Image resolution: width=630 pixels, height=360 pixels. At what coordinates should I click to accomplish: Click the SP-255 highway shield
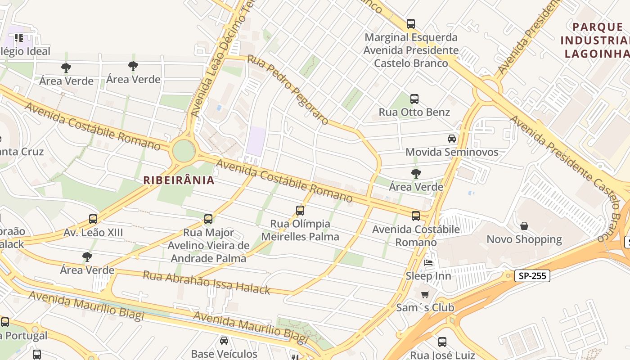[x=532, y=275]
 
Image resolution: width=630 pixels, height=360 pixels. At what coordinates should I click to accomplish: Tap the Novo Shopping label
[x=524, y=239]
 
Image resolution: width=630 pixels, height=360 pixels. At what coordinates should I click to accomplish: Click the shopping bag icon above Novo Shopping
[x=524, y=225]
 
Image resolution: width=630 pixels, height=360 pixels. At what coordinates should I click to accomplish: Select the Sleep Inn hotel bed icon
[x=428, y=262]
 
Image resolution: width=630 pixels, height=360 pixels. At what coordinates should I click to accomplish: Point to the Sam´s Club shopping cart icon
[x=425, y=295]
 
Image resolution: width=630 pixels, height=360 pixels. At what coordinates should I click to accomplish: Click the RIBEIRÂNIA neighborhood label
[x=179, y=180]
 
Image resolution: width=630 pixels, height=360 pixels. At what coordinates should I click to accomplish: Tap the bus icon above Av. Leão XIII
[x=93, y=219]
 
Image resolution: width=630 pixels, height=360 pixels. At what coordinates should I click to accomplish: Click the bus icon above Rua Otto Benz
[x=414, y=99]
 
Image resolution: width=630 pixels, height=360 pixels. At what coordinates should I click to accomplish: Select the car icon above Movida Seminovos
[x=452, y=139]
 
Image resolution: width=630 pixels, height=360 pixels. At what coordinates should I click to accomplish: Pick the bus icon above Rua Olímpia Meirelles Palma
[x=300, y=210]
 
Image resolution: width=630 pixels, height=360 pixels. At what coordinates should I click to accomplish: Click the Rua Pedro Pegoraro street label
[x=288, y=90]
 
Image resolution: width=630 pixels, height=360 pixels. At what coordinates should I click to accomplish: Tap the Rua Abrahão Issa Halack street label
[x=207, y=282]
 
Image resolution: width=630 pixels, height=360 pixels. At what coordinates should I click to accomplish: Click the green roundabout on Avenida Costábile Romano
[x=184, y=151]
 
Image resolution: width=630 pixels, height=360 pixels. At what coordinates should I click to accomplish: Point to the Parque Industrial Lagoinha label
[x=598, y=40]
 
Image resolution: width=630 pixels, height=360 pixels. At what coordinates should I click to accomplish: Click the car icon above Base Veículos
[x=224, y=341]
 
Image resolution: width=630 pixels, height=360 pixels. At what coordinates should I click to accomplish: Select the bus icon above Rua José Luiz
[x=442, y=342]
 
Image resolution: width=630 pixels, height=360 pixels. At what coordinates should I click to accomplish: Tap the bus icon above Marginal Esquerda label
[x=411, y=24]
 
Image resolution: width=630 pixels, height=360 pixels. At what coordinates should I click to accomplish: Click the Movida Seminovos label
[x=452, y=152]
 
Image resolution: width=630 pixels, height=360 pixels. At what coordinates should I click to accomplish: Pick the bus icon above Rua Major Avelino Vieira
[x=208, y=219]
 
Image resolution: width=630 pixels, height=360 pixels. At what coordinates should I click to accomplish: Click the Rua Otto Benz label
[x=414, y=112]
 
